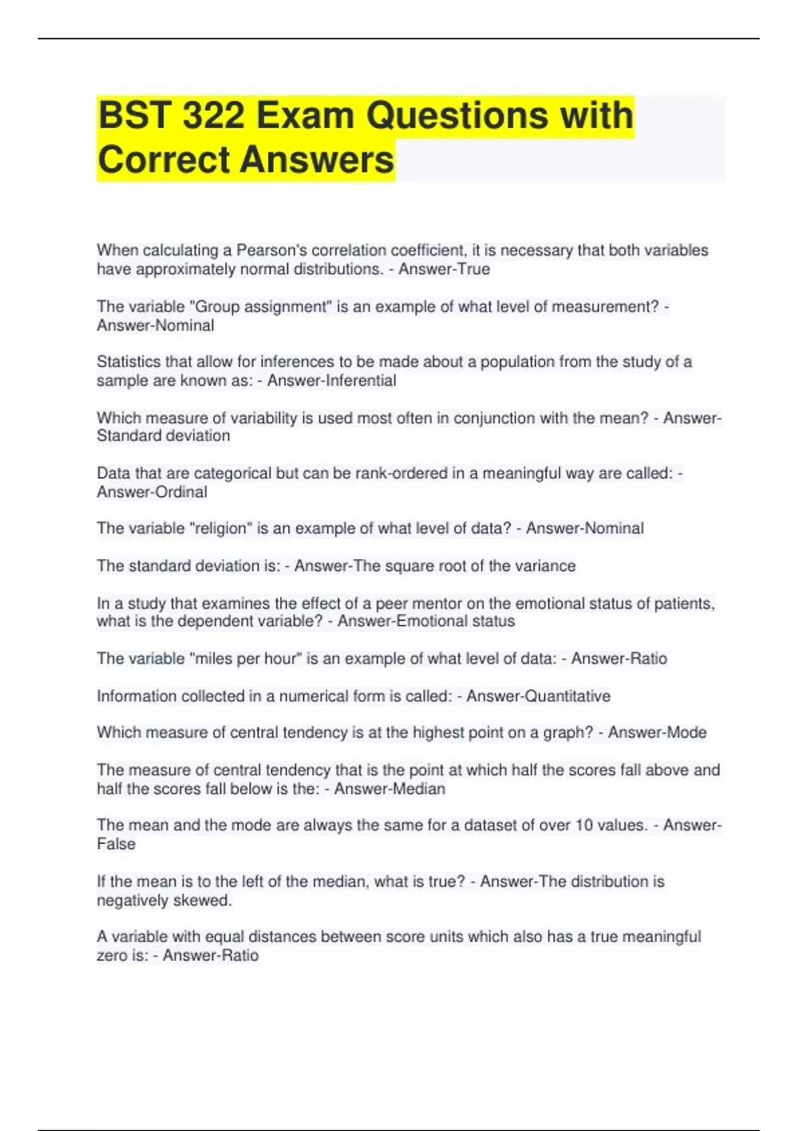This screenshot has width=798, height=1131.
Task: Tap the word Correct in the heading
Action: pyautogui.click(x=164, y=160)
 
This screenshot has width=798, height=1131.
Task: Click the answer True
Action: pyautogui.click(x=473, y=269)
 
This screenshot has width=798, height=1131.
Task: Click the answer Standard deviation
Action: pyautogui.click(x=164, y=436)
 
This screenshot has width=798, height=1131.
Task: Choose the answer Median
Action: pyautogui.click(x=419, y=788)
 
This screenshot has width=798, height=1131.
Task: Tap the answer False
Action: pyautogui.click(x=116, y=844)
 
